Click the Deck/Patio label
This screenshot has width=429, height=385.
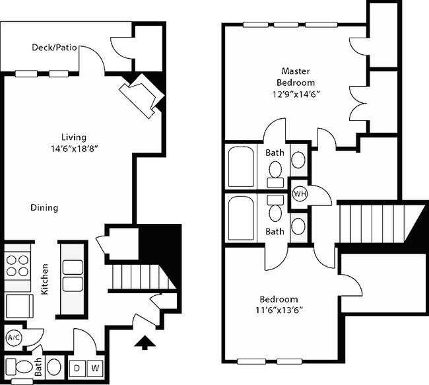point(53,48)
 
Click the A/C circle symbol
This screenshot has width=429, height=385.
point(13,338)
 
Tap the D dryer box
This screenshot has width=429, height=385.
point(77,367)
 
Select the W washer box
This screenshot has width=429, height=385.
point(95,367)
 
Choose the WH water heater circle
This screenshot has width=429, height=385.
point(299,195)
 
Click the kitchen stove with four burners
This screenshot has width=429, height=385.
point(18,265)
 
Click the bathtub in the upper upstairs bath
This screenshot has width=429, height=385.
point(241,166)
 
